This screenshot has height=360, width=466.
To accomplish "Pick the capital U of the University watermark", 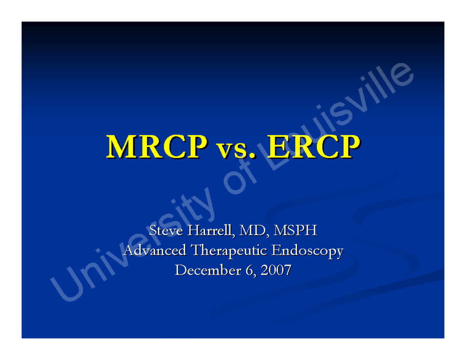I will click(64, 287).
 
